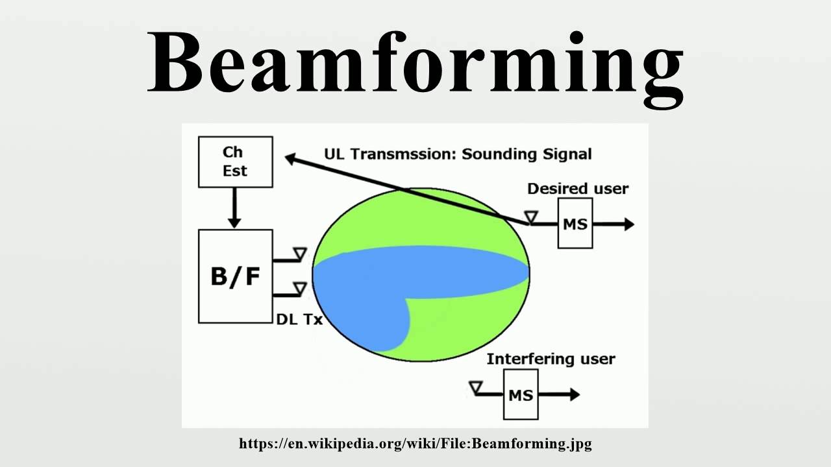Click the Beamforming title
[x=415, y=63]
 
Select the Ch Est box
[x=235, y=162]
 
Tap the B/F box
[x=235, y=276]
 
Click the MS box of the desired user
[x=575, y=224]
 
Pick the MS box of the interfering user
[x=521, y=394]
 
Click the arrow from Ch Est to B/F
[x=235, y=208]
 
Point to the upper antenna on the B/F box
[x=299, y=253]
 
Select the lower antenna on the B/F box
[x=299, y=287]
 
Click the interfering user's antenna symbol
[x=476, y=387]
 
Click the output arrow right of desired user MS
[x=614, y=224]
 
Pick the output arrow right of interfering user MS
[x=559, y=394]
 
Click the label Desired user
[x=578, y=189]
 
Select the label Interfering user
[x=551, y=359]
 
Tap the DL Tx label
[x=299, y=319]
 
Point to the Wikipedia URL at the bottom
[x=415, y=444]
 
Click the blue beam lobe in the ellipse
[x=415, y=272]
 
